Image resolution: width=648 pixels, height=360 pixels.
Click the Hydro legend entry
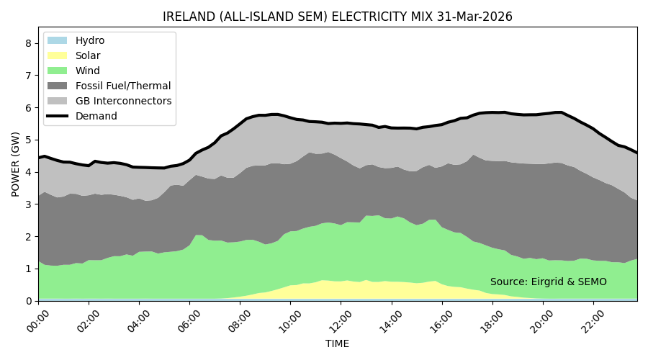(x=90, y=40)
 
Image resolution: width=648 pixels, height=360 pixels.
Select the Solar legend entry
(x=88, y=55)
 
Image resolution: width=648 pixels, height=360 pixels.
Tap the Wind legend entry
(x=88, y=71)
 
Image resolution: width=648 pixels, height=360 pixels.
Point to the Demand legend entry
(x=96, y=116)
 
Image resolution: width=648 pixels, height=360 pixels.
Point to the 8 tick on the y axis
(x=28, y=43)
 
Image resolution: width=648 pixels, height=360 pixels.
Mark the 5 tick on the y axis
(x=28, y=140)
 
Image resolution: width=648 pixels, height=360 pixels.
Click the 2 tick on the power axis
(x=28, y=236)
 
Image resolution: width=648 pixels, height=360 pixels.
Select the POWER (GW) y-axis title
(x=15, y=163)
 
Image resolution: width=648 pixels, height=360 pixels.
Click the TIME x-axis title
(x=337, y=344)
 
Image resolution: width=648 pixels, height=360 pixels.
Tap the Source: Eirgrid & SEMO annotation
(x=549, y=282)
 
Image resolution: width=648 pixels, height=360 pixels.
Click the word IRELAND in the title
(x=189, y=17)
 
